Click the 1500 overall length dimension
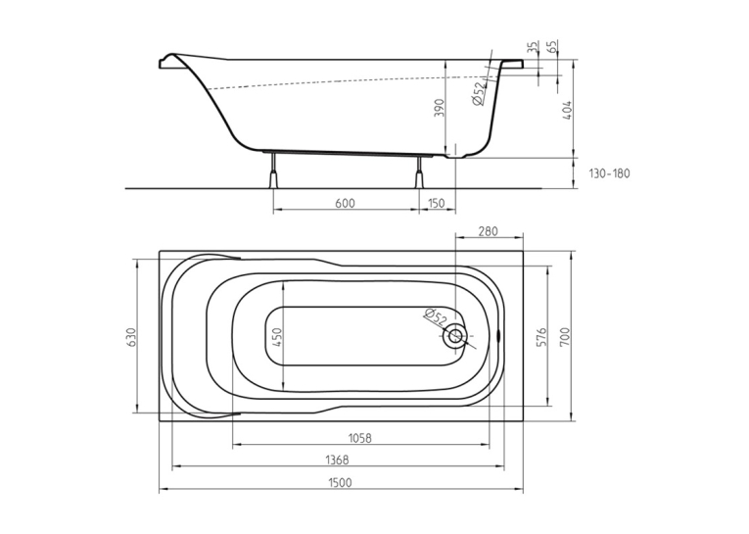point(341,482)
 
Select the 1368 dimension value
point(337,460)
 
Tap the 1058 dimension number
point(359,438)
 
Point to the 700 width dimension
point(566,337)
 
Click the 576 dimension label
point(541,337)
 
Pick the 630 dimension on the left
point(132,337)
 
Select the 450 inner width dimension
point(277,337)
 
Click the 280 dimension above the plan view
point(489,232)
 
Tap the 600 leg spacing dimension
point(345,203)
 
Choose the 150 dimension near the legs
point(436,203)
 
